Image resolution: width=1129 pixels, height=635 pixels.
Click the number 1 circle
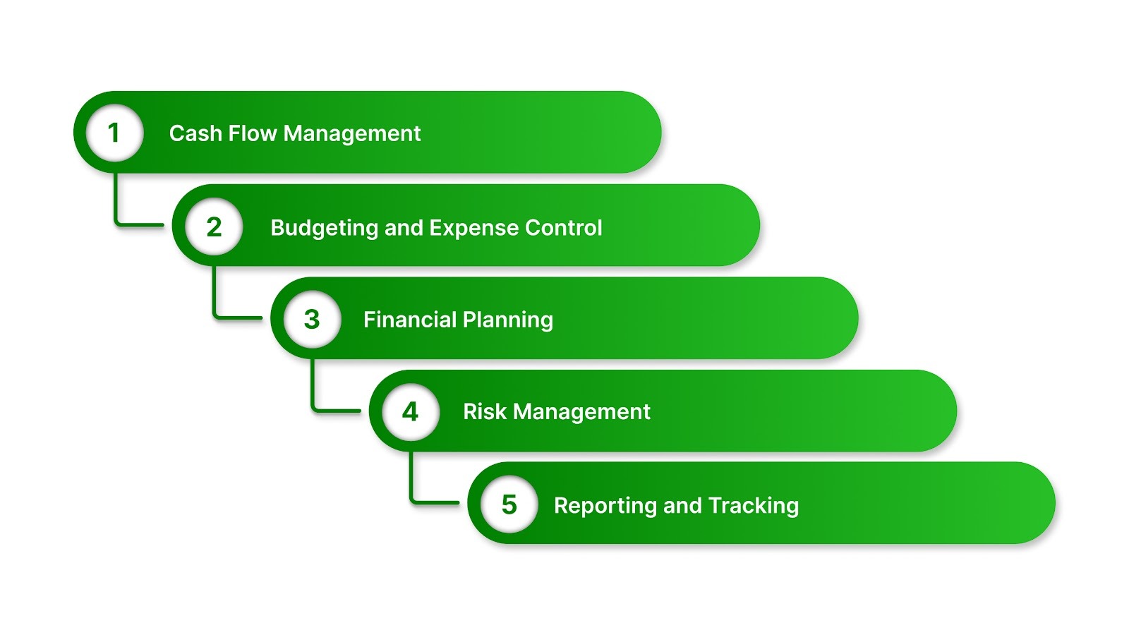coord(114,133)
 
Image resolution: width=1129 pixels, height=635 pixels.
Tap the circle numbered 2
coord(214,226)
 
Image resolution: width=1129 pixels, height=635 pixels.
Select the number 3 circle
coord(312,319)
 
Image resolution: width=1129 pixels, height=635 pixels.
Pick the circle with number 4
coord(411,411)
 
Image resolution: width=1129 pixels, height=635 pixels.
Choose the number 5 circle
coord(509,504)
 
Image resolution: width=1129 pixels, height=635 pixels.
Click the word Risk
coord(484,411)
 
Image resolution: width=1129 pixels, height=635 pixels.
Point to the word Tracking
coord(753,506)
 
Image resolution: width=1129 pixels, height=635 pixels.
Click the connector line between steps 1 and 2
coord(116,205)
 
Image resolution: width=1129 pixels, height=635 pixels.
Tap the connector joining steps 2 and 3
coord(215,296)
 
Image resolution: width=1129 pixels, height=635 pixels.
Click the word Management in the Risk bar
coord(581,412)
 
